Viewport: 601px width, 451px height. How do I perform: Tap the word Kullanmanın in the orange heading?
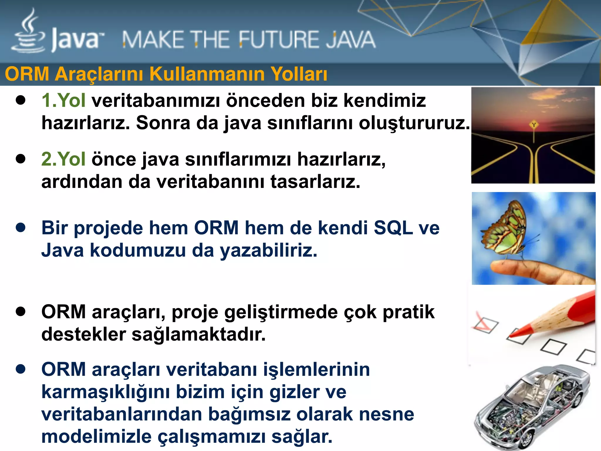click(x=207, y=74)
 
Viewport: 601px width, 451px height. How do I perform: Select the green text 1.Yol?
click(x=63, y=100)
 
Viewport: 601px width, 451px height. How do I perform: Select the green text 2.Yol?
click(x=63, y=159)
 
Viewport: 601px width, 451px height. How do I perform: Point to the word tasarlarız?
click(x=315, y=182)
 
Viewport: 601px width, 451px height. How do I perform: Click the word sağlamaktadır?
click(x=198, y=334)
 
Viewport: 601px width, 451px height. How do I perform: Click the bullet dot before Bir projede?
click(x=21, y=228)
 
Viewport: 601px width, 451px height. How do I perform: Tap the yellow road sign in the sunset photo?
click(x=534, y=125)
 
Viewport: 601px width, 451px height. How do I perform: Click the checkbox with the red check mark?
click(x=486, y=325)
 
